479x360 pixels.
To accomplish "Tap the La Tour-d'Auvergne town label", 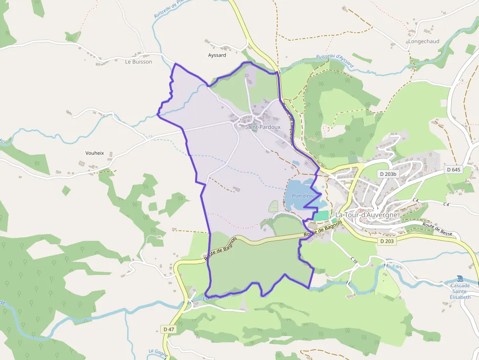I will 367,215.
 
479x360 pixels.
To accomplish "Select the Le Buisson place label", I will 138,62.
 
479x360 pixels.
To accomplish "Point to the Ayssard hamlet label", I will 217,55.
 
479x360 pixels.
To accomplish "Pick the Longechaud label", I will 424,42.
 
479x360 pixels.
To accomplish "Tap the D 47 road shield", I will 169,329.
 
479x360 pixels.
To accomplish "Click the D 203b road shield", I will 388,174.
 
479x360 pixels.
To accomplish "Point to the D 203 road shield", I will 386,241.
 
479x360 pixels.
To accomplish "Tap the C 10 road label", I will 354,261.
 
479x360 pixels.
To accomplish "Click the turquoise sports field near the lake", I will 321,215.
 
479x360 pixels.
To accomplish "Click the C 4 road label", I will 415,200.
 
